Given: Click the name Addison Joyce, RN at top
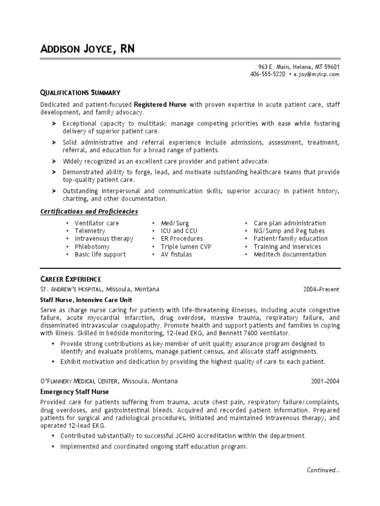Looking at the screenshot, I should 87,49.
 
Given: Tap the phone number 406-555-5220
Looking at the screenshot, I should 268,74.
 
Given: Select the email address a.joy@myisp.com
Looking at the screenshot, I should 317,74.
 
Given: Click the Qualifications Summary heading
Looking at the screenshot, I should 80,92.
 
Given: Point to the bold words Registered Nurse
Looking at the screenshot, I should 161,105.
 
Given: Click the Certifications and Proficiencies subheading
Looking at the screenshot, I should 89,211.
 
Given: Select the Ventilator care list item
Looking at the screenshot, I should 97,223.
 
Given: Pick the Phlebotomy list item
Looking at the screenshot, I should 92,247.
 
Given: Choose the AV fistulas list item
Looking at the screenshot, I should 176,254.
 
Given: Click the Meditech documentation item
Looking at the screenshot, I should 290,254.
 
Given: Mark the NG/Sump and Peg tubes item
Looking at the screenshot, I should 289,231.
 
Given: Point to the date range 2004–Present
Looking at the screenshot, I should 322,289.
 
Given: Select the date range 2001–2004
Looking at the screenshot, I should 325,381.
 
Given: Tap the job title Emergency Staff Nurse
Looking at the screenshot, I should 74,391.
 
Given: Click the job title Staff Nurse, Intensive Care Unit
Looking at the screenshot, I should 86,299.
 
